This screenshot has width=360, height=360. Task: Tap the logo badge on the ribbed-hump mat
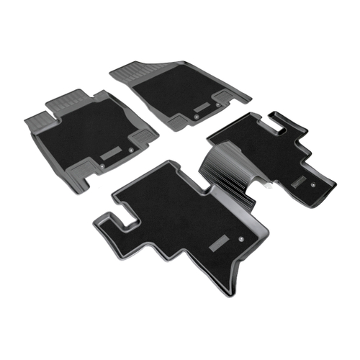[x=300, y=184]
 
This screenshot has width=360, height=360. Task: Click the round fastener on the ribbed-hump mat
[x=315, y=184]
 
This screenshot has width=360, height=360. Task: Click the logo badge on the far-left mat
[x=112, y=153]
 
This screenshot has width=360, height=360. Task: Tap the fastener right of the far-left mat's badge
[x=130, y=149]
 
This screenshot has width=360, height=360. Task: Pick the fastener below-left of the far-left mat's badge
[x=102, y=168]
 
